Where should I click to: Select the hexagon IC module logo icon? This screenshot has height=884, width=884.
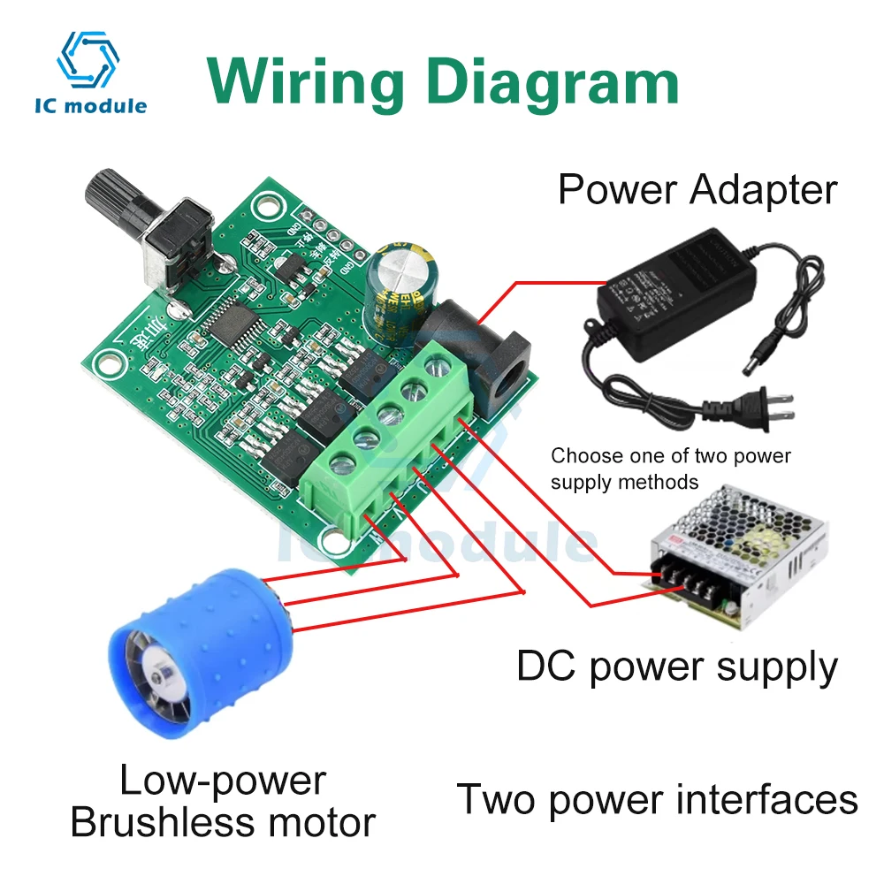pos(88,57)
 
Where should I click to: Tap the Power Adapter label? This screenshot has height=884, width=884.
pos(697,189)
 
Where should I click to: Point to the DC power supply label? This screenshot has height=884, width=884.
pos(677,667)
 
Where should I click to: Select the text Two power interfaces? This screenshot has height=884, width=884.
pos(657,799)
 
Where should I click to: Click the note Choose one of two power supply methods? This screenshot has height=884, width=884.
pos(670,469)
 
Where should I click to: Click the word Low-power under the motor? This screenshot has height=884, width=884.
pos(223,780)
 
